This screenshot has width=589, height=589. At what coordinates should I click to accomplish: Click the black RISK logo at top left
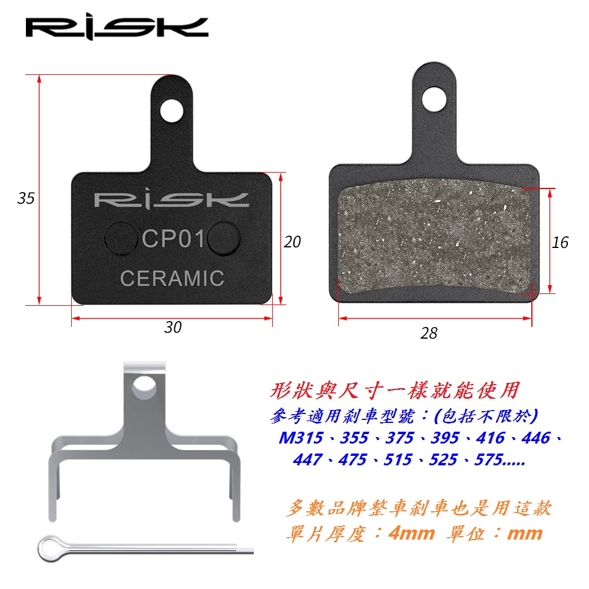click(117, 27)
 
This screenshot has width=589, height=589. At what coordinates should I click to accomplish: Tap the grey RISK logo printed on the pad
click(171, 200)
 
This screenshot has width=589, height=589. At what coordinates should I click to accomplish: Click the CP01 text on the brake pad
click(173, 239)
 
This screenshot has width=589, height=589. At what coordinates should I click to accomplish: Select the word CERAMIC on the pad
click(172, 279)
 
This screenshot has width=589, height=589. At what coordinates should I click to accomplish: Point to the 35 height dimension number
click(26, 198)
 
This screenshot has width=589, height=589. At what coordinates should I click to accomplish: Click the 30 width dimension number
click(173, 327)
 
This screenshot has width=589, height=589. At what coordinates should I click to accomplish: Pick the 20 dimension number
click(292, 242)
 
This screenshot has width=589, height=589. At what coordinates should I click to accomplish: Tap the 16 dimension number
click(560, 242)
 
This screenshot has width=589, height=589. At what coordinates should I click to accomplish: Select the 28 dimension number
click(429, 333)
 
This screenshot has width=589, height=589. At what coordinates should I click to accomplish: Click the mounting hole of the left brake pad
click(171, 111)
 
